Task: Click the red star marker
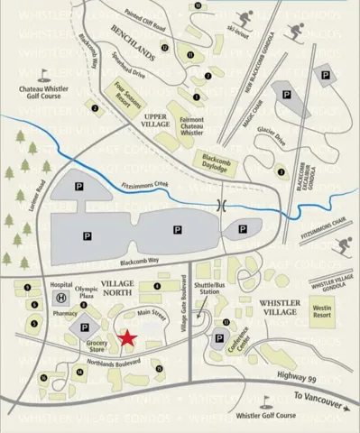128,337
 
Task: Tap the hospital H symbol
60,298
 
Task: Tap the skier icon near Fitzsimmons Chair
342,245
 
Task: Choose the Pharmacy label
65,313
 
